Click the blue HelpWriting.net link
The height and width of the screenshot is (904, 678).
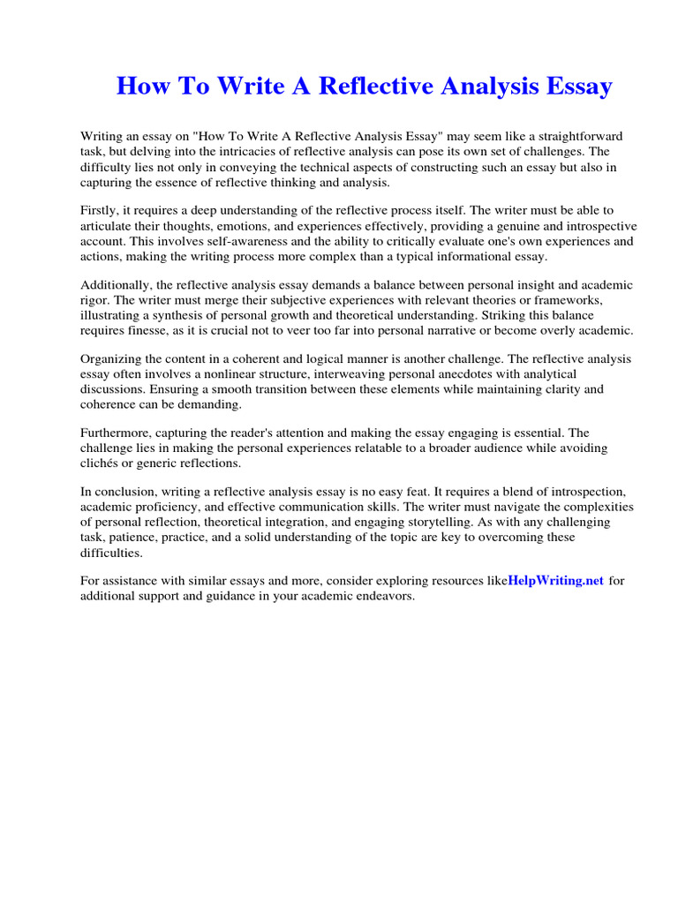pos(556,580)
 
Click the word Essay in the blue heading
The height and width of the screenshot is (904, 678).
pos(572,87)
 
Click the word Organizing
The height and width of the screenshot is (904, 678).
pos(114,358)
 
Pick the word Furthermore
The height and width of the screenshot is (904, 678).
pos(119,433)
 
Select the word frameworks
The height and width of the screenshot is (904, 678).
pos(569,299)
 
